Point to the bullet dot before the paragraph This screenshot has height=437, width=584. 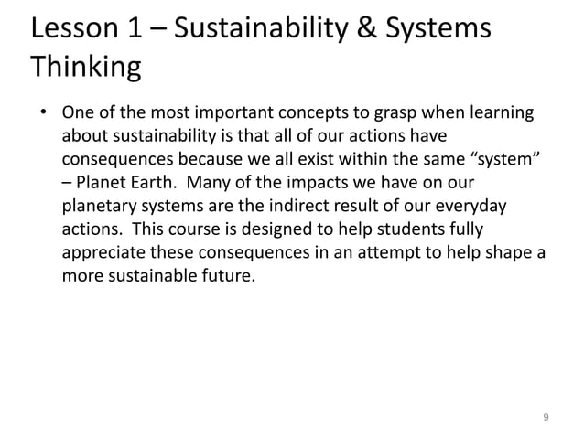point(41,117)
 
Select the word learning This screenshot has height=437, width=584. point(493,117)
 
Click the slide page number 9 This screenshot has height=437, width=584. point(546,418)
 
